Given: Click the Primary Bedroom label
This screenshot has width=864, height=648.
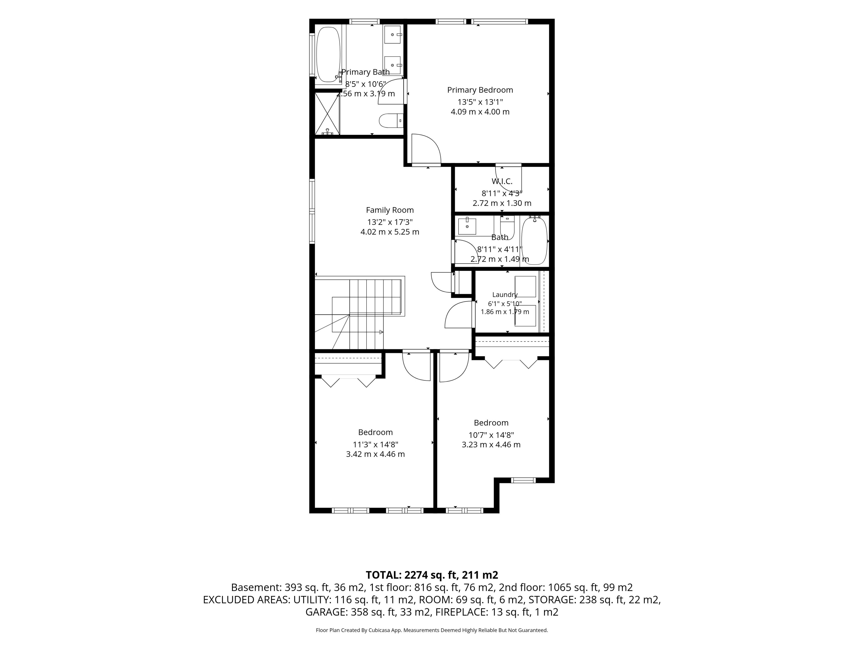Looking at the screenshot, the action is [x=480, y=90].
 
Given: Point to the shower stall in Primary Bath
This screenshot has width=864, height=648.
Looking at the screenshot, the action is [x=327, y=113].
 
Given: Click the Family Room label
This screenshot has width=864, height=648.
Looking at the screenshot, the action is [x=390, y=210].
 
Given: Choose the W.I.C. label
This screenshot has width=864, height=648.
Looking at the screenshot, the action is [x=502, y=181].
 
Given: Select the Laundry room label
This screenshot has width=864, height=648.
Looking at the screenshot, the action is [x=505, y=295].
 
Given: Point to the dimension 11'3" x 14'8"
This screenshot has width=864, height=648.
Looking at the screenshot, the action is [x=375, y=445].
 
